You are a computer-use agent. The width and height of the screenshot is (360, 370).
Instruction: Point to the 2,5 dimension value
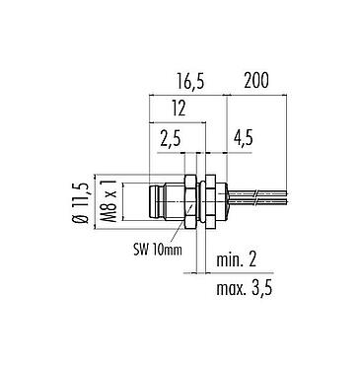click(170, 140)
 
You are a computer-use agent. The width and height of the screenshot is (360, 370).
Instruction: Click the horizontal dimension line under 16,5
click(187, 95)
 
